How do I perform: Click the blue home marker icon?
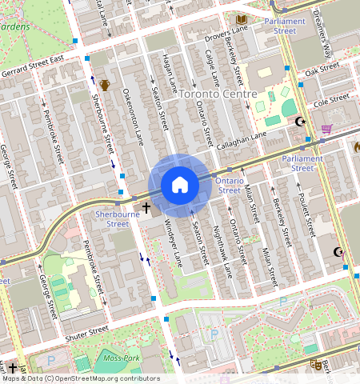(x=180, y=186)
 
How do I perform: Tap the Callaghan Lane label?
(x=242, y=142)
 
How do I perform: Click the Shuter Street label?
(x=86, y=333)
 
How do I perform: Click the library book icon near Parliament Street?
(x=241, y=18)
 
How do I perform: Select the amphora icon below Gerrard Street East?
(x=105, y=85)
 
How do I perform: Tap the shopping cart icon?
(x=326, y=128)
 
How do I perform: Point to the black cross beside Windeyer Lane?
(x=146, y=209)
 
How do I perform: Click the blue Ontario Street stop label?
(x=229, y=186)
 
